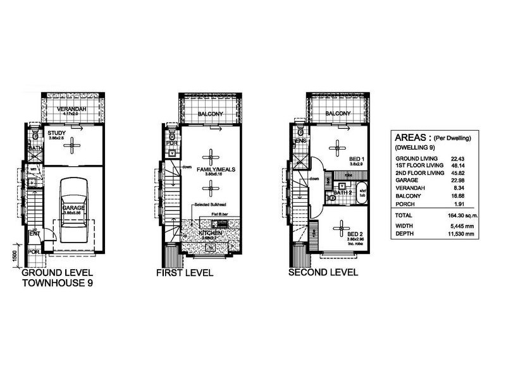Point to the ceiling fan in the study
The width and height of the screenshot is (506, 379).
[74, 144]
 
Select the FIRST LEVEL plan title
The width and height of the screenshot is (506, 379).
[185, 274]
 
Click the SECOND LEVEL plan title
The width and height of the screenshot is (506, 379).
[323, 273]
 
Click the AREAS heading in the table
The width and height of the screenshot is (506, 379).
[414, 137]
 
